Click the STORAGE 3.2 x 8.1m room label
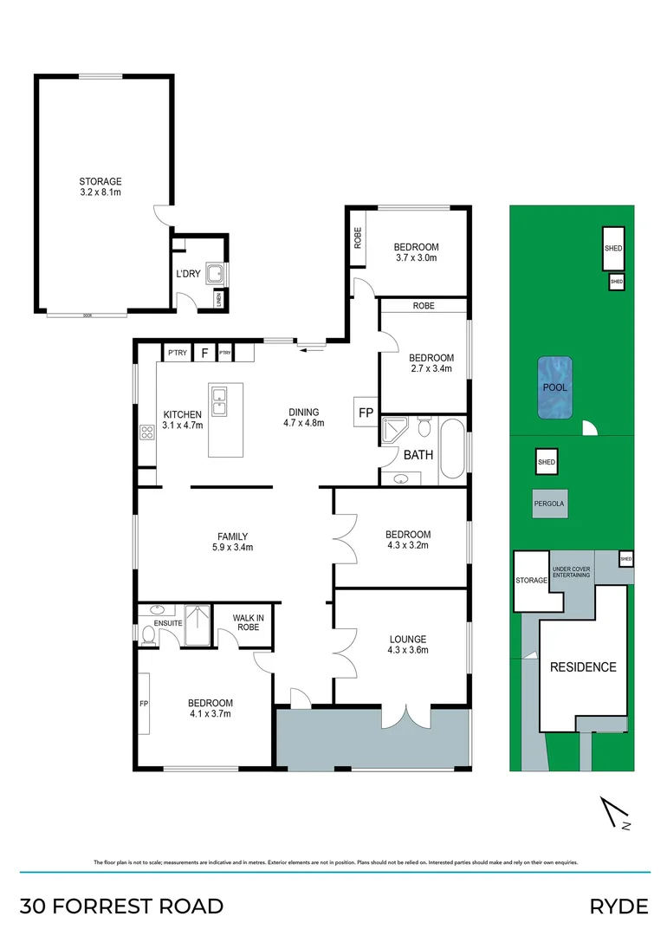click(100, 186)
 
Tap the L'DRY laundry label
click(188, 275)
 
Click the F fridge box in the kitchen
click(204, 353)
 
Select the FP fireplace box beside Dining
click(365, 413)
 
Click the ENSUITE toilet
click(148, 635)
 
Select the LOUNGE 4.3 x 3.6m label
click(407, 645)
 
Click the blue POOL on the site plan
click(554, 387)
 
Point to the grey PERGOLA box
click(553, 503)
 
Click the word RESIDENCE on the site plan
click(583, 667)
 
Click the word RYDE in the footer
click(618, 907)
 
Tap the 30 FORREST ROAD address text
click(121, 907)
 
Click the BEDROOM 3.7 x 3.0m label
click(416, 252)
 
